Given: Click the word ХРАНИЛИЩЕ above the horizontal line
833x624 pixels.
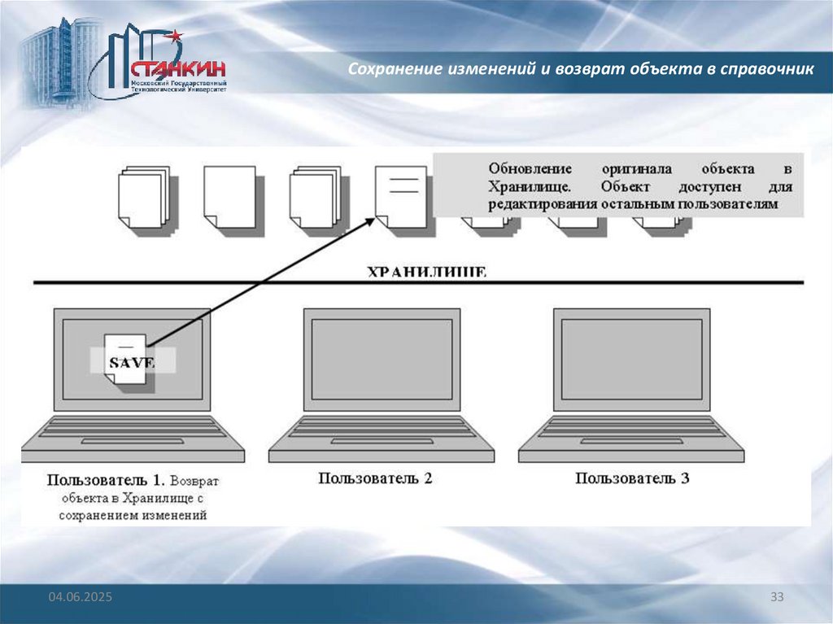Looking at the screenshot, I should click(x=426, y=272).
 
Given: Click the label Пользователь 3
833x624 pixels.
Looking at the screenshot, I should click(x=633, y=478).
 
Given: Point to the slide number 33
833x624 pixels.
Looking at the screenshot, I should click(x=777, y=598).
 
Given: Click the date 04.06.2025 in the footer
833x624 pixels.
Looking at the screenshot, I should click(x=80, y=598).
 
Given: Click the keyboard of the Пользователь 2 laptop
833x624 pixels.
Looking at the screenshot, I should click(x=381, y=429).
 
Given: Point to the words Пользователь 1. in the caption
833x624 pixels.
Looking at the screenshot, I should click(x=107, y=480).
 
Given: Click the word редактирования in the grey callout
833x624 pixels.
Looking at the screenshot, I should click(x=543, y=204).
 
